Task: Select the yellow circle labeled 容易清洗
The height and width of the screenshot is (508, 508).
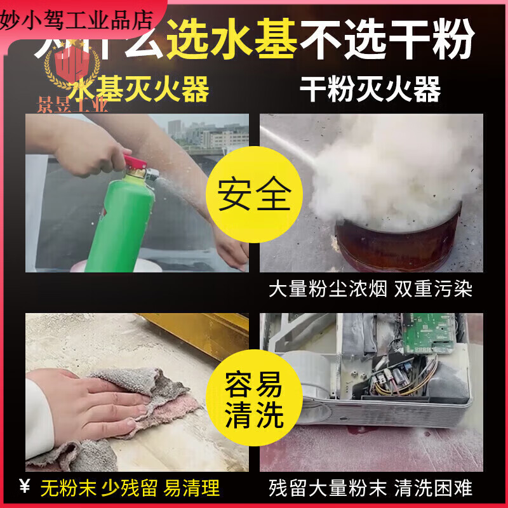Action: (254, 401)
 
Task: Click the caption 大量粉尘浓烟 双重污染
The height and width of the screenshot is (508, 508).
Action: (371, 290)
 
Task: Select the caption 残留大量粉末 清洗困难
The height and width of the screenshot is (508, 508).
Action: (371, 488)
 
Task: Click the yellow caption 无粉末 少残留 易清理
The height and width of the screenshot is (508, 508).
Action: (130, 488)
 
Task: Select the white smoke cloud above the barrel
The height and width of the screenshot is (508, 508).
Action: (394, 171)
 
